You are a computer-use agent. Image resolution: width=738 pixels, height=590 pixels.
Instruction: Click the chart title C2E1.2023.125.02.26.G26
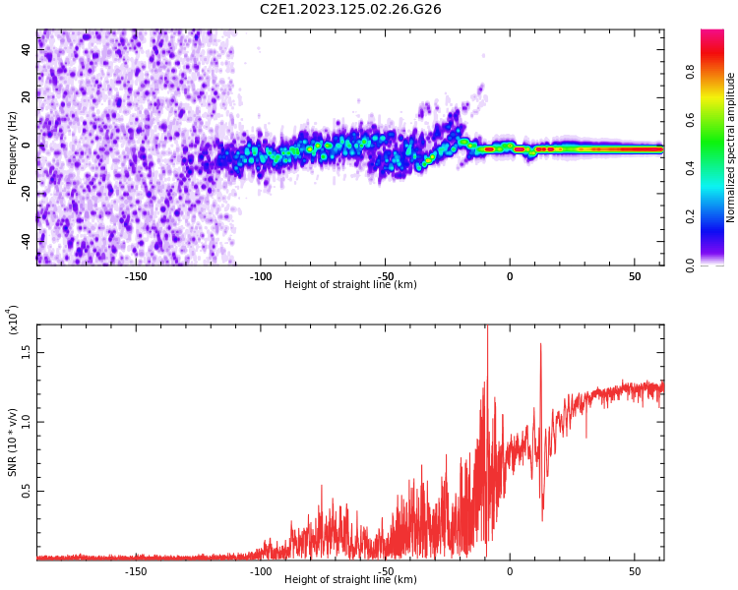pyautogui.click(x=350, y=10)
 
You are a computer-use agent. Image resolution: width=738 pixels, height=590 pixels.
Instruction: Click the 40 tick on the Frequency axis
pyautogui.click(x=27, y=50)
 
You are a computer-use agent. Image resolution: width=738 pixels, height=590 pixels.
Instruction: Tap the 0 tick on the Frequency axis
pyautogui.click(x=27, y=146)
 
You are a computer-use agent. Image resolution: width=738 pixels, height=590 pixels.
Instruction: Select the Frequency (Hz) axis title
pyautogui.click(x=13, y=147)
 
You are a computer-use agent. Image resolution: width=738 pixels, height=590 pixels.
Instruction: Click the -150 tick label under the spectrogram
pyautogui.click(x=136, y=276)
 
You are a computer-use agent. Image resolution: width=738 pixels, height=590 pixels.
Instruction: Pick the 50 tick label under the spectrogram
pyautogui.click(x=635, y=276)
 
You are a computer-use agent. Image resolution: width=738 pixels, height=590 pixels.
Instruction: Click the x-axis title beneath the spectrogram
pyautogui.click(x=350, y=285)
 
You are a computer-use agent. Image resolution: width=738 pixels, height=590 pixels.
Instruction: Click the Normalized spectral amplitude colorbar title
pyautogui.click(x=731, y=147)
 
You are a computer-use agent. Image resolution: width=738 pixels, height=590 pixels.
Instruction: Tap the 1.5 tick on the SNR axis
pyautogui.click(x=27, y=353)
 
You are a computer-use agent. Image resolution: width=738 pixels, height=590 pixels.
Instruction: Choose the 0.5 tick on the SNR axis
pyautogui.click(x=27, y=492)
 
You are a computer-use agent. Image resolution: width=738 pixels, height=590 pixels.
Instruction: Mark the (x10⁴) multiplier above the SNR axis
pyautogui.click(x=14, y=320)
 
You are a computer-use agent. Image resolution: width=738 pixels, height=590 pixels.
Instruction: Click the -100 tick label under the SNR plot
pyautogui.click(x=261, y=571)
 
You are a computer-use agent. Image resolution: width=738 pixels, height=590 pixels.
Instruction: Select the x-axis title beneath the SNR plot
pyautogui.click(x=350, y=580)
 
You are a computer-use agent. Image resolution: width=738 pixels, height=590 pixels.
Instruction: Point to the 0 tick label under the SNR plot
pyautogui.click(x=510, y=571)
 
